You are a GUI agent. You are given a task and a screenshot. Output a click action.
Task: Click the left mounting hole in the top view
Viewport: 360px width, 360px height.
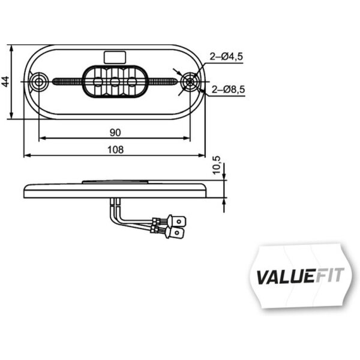click(40, 81)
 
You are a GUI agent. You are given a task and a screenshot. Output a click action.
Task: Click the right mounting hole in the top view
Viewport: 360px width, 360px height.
click(191, 81)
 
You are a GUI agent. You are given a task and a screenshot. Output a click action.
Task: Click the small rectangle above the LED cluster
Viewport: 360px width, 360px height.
click(115, 56)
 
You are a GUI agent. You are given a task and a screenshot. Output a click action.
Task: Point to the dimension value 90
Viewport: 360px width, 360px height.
click(115, 132)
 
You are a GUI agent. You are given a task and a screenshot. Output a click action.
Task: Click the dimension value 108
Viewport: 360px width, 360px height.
click(115, 150)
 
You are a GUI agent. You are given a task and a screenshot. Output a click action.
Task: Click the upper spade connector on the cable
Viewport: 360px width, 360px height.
click(178, 220)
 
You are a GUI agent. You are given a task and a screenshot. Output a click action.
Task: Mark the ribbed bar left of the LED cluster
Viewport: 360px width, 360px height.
click(67, 81)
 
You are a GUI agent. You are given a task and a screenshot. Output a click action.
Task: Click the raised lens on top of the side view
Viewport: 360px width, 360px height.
click(114, 181)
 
